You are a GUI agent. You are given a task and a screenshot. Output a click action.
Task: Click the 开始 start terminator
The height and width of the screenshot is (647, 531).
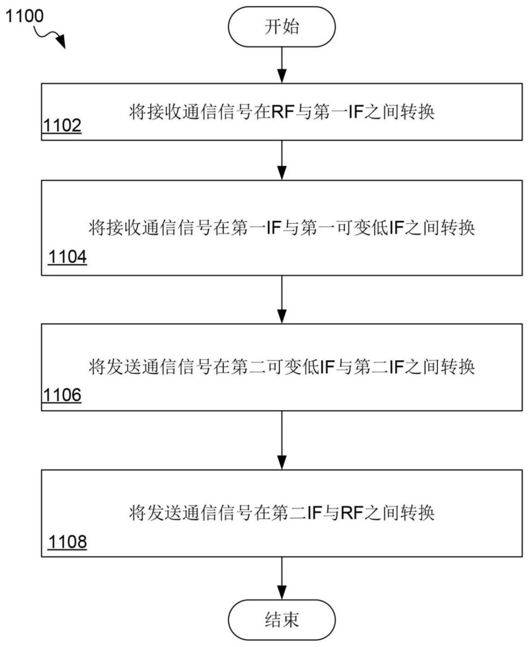281,27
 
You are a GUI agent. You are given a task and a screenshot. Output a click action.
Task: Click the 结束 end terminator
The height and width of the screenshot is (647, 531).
281,619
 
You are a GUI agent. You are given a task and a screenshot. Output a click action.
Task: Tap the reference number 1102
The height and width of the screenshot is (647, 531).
62,125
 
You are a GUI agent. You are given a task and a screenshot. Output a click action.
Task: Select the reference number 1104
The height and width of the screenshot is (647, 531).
67,257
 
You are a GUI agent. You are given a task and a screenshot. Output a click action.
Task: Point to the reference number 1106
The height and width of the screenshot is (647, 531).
62,394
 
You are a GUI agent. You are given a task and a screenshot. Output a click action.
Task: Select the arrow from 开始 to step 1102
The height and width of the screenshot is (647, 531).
282,65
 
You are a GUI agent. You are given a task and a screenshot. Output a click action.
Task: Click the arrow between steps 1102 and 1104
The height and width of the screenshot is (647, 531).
282,160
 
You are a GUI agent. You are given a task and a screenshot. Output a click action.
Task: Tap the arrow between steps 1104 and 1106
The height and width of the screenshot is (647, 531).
282,299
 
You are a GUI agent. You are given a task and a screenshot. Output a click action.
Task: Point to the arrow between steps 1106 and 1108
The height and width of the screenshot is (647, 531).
282,440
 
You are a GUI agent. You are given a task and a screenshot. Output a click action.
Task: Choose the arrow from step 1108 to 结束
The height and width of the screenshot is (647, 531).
282,578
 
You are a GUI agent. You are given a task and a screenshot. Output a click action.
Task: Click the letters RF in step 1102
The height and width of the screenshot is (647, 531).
282,112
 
